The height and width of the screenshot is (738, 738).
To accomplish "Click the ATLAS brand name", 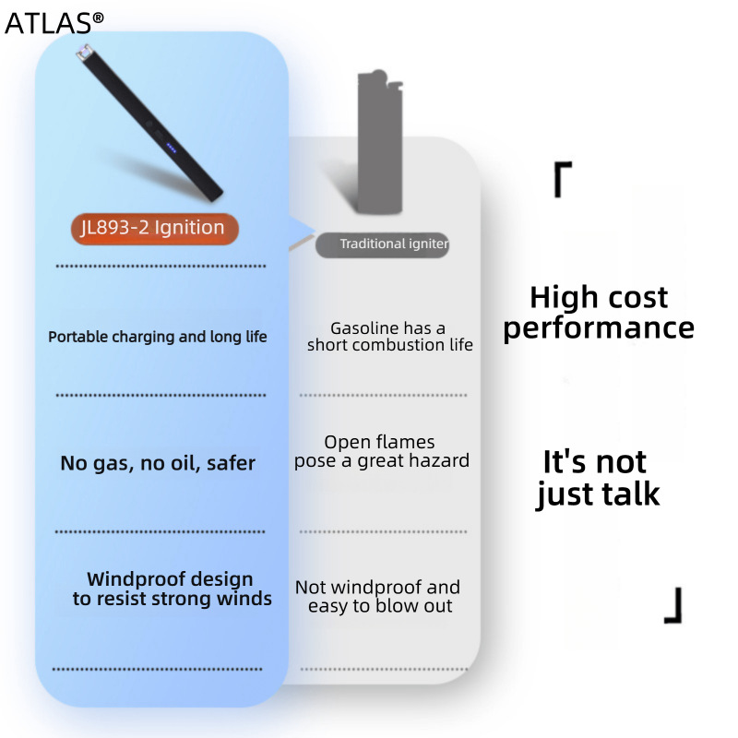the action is (x=48, y=23).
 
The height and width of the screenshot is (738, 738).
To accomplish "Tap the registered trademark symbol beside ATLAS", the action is (x=98, y=18).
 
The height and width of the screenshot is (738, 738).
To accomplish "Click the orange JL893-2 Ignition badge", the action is (x=154, y=229).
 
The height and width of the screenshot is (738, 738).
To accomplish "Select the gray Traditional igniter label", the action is (x=382, y=244).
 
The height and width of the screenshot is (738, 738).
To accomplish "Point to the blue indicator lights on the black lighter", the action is (x=172, y=149).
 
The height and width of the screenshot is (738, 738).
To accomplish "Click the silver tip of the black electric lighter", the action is (x=84, y=52).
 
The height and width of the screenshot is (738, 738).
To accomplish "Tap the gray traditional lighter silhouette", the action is (x=380, y=141).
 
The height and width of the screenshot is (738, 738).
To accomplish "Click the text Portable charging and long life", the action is (x=158, y=337).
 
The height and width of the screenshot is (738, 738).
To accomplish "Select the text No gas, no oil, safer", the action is (x=158, y=464).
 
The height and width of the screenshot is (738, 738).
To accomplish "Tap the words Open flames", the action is (x=379, y=442).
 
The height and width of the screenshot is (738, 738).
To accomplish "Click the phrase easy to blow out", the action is (x=380, y=606).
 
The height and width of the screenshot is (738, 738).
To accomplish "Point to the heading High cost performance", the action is (x=599, y=313).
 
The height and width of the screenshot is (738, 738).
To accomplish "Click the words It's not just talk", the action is (x=597, y=478).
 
